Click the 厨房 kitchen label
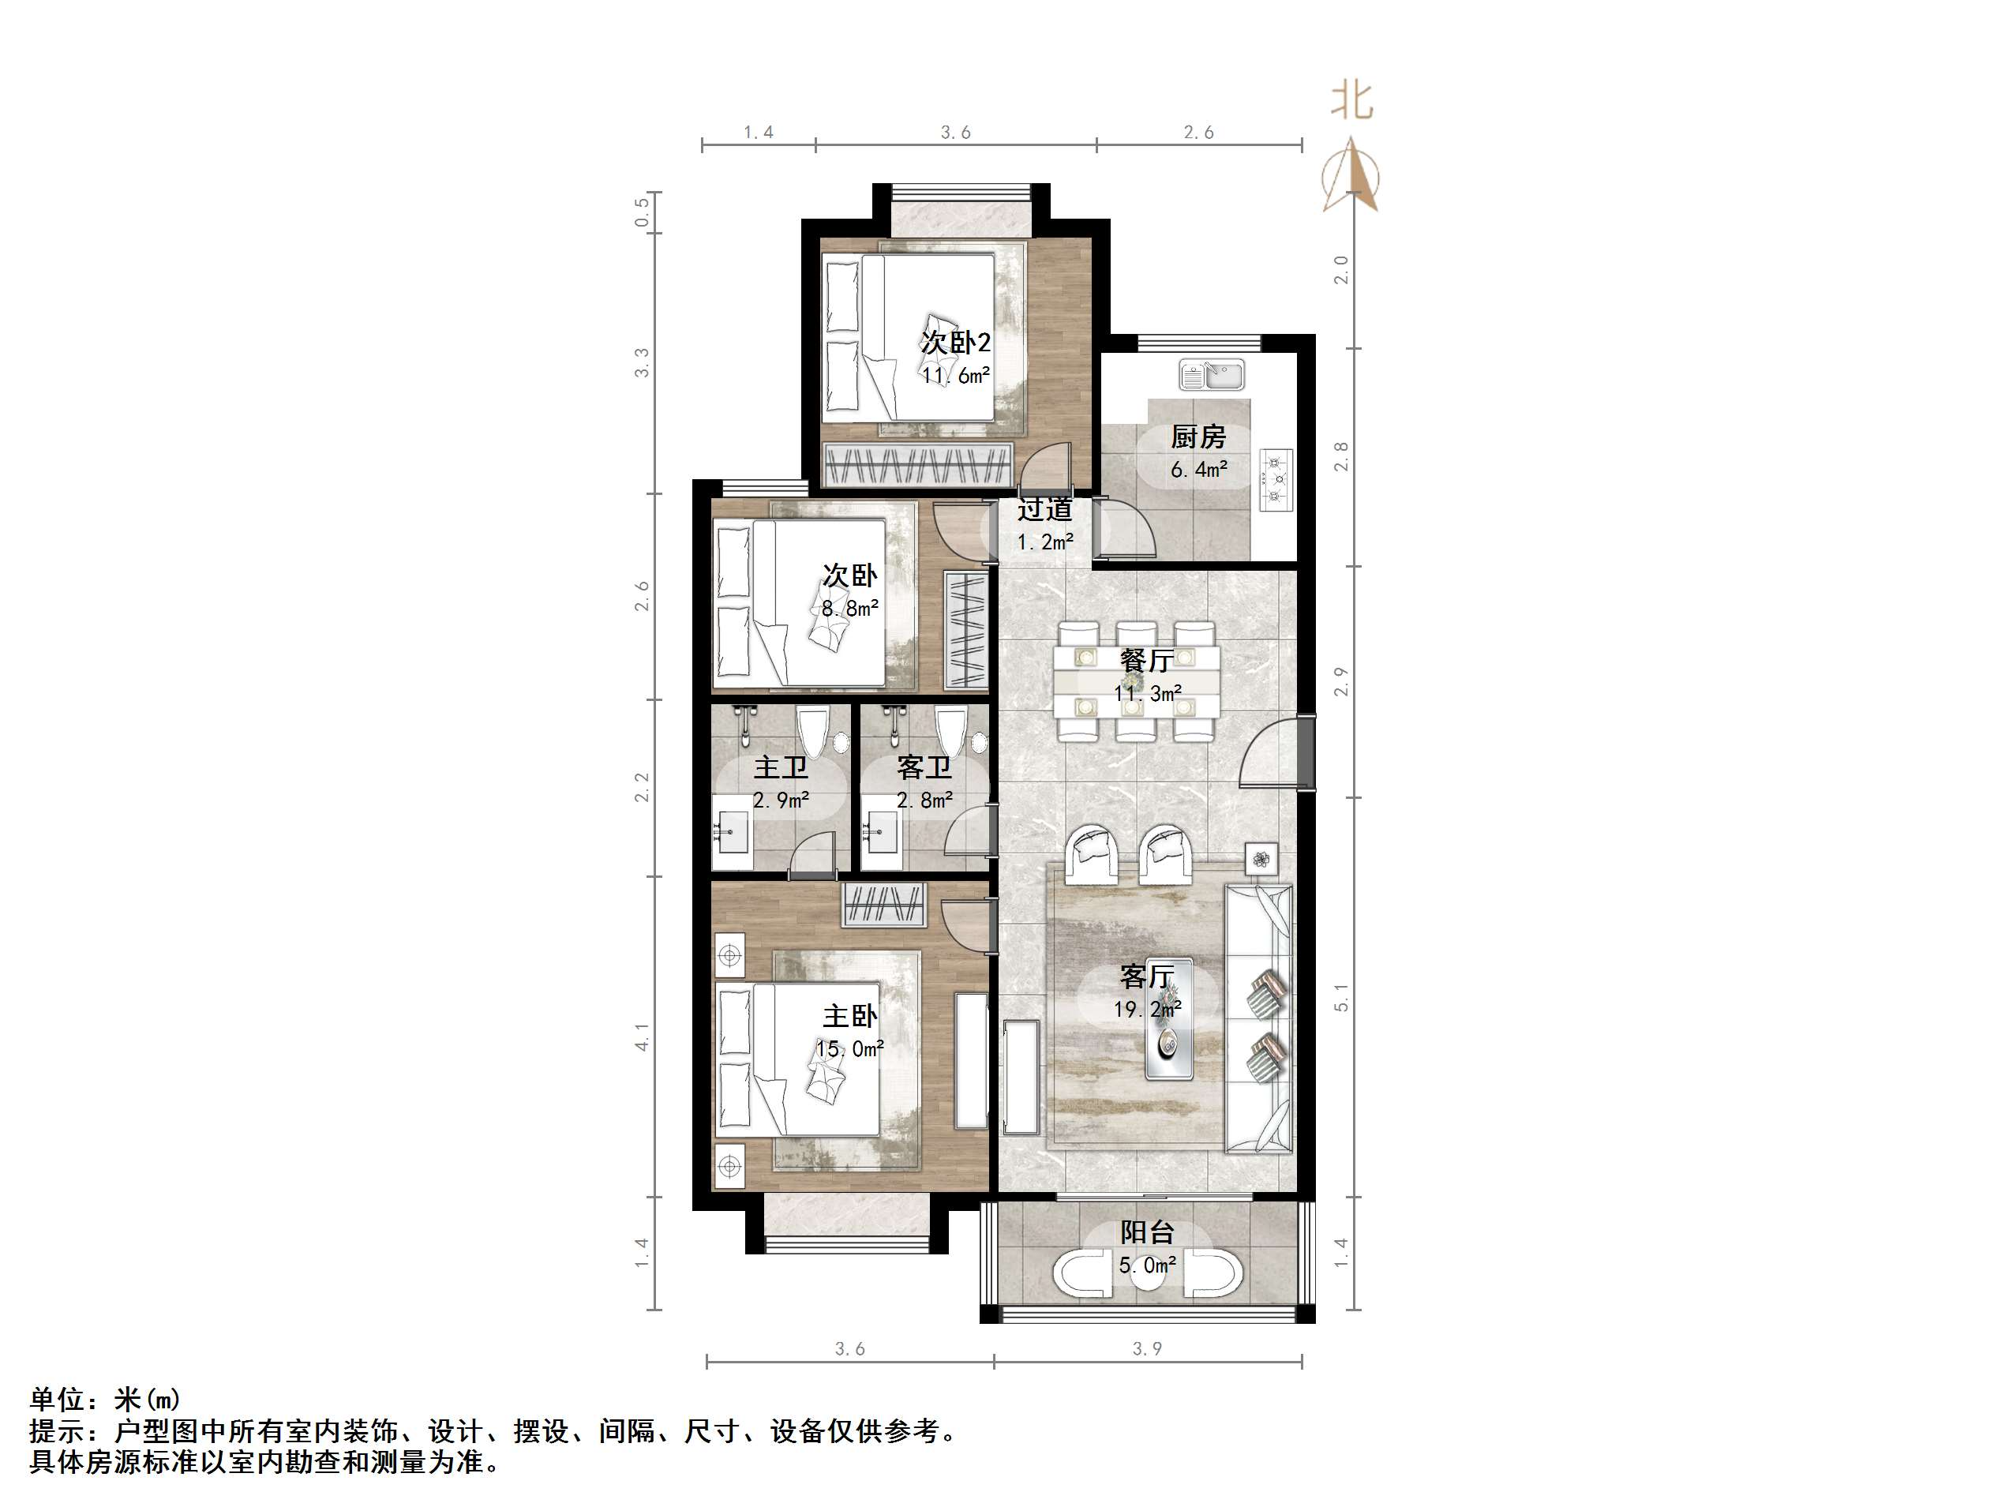tap(1198, 437)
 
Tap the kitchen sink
tap(1212, 374)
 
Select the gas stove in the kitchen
tap(1277, 480)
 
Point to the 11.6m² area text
tap(955, 375)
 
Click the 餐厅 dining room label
tap(1146, 661)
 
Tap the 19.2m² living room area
tap(1147, 1009)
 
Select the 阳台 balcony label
tap(1147, 1232)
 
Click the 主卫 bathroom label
tap(780, 767)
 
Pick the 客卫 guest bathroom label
tap(924, 767)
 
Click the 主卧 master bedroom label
tap(849, 1015)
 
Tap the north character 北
tap(1351, 100)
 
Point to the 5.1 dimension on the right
tap(1341, 997)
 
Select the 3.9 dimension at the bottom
tap(1146, 1349)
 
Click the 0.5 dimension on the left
tap(642, 212)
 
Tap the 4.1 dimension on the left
tap(642, 1037)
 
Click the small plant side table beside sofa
tap(1261, 858)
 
